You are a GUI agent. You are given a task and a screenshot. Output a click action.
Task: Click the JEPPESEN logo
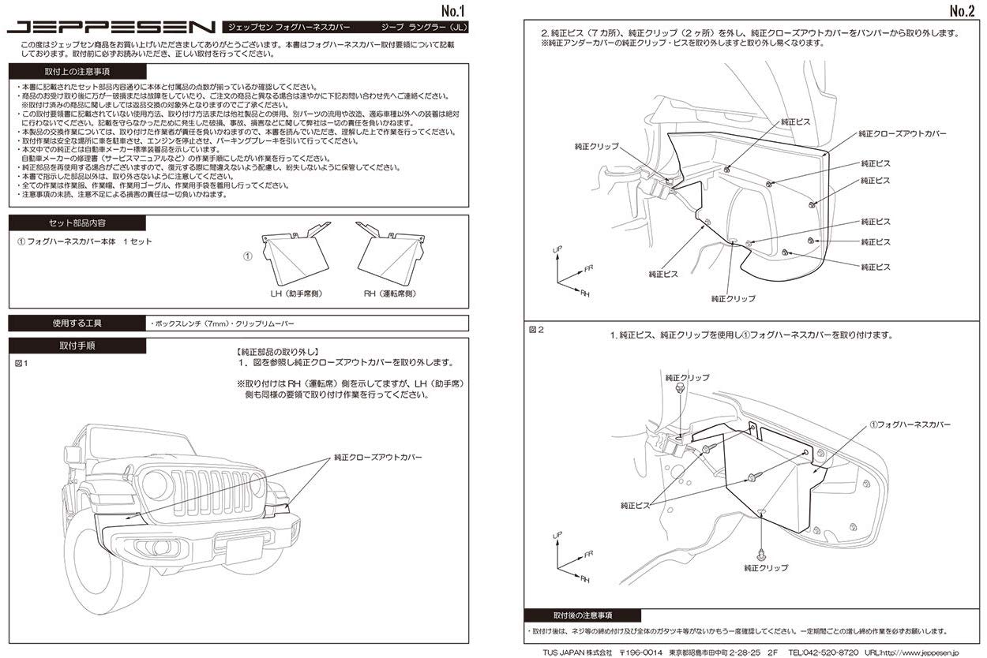tap(111, 27)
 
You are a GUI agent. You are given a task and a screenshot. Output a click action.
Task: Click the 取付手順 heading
tap(77, 346)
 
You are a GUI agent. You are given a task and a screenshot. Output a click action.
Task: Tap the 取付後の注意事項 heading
tap(583, 615)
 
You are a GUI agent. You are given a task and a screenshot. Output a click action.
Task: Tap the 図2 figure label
tap(535, 329)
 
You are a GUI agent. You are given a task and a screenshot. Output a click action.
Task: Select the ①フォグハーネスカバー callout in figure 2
tap(910, 424)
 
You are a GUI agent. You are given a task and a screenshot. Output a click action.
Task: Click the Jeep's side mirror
tap(73, 454)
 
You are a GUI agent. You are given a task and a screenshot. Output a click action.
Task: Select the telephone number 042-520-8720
tap(831, 652)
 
